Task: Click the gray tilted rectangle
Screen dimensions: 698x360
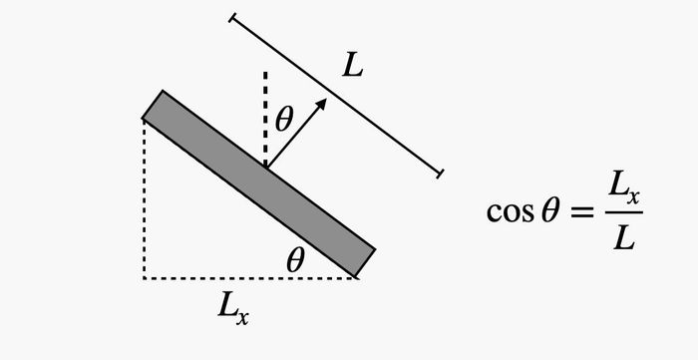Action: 258,183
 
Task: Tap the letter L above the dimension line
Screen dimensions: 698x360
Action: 353,67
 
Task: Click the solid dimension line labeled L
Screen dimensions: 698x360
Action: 336,96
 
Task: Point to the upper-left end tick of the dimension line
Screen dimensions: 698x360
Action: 232,18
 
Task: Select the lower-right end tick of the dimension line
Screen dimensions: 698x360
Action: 441,174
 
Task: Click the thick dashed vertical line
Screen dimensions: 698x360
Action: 265,120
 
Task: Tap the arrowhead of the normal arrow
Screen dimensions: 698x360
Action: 321,104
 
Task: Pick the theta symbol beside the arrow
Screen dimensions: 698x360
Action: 284,120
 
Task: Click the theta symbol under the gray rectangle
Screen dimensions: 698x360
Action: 295,260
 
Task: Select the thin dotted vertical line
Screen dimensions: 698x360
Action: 145,198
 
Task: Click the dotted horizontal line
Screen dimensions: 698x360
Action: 250,278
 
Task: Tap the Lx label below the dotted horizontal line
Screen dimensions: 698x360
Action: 233,309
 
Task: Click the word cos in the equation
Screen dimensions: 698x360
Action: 510,211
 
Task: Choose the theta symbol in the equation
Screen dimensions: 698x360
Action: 549,211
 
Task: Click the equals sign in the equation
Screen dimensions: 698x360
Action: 581,212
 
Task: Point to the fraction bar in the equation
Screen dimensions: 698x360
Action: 624,212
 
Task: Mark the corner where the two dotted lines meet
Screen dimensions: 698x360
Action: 145,278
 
